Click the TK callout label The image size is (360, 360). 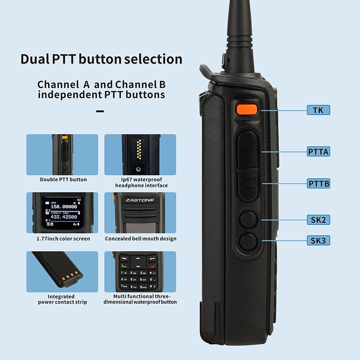click(318, 110)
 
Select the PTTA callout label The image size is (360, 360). click(318, 152)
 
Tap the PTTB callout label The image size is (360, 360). click(318, 184)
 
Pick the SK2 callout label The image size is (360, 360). click(318, 220)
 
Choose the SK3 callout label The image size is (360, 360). click(318, 241)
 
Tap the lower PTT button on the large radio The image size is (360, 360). click(247, 185)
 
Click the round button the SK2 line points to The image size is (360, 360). click(247, 219)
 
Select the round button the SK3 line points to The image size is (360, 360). click(247, 242)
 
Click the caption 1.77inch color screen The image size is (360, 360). click(63, 238)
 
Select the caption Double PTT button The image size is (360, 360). click(63, 180)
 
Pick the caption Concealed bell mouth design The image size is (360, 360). click(140, 238)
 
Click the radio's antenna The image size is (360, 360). click(243, 31)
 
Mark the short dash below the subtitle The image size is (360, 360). click(100, 111)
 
